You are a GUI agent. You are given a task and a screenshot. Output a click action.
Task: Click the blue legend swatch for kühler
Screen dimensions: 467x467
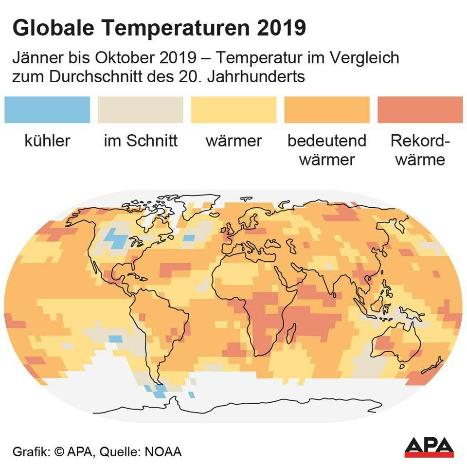click(47, 109)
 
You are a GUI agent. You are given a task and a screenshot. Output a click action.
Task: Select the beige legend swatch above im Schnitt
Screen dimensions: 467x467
click(141, 109)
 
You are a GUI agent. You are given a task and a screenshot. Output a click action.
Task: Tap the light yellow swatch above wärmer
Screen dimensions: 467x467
click(233, 109)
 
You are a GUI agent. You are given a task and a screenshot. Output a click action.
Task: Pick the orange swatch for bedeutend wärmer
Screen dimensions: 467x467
click(327, 109)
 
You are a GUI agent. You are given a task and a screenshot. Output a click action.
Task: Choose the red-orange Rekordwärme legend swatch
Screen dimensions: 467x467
click(420, 109)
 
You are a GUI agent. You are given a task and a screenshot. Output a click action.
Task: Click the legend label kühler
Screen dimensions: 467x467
click(47, 141)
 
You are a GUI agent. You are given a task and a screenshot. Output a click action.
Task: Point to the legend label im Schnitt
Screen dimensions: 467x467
click(141, 141)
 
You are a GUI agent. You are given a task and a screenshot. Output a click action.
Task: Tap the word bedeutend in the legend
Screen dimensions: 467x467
click(327, 141)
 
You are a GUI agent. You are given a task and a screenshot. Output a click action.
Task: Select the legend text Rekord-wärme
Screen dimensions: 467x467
click(420, 150)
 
